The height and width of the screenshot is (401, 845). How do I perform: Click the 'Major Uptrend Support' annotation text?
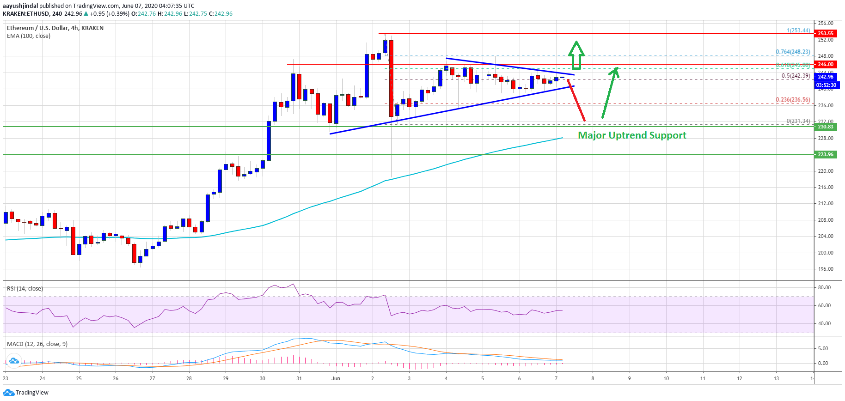tap(632, 135)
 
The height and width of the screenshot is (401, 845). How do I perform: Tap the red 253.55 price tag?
tap(825, 33)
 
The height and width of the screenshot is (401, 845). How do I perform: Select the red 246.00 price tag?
tap(825, 64)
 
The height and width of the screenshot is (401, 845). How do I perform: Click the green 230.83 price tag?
tap(825, 127)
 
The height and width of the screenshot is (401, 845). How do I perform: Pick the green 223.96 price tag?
tap(825, 154)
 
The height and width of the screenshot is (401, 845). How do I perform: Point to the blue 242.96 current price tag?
tap(825, 77)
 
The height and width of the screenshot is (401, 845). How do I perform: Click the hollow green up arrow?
tap(576, 55)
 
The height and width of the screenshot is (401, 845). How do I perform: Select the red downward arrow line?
tap(576, 100)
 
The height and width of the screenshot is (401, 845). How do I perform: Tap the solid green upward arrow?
tap(610, 92)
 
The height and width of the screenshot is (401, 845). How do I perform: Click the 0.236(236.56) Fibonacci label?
tap(792, 100)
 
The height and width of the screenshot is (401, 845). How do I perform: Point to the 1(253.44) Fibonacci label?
tap(798, 30)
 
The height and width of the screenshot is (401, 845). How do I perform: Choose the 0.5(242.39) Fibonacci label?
tap(795, 76)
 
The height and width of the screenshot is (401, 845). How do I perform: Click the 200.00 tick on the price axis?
tap(826, 253)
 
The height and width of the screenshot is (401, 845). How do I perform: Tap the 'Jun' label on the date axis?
tap(336, 378)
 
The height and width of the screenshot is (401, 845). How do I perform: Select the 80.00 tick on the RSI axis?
tap(824, 287)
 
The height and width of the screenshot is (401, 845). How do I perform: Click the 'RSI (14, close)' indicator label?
tap(25, 289)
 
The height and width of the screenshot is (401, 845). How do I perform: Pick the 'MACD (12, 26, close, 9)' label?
tap(37, 344)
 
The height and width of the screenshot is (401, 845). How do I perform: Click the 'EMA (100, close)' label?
tap(29, 36)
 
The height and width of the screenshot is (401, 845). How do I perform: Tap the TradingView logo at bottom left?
tap(26, 393)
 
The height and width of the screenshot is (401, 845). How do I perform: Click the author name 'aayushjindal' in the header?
tap(20, 6)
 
